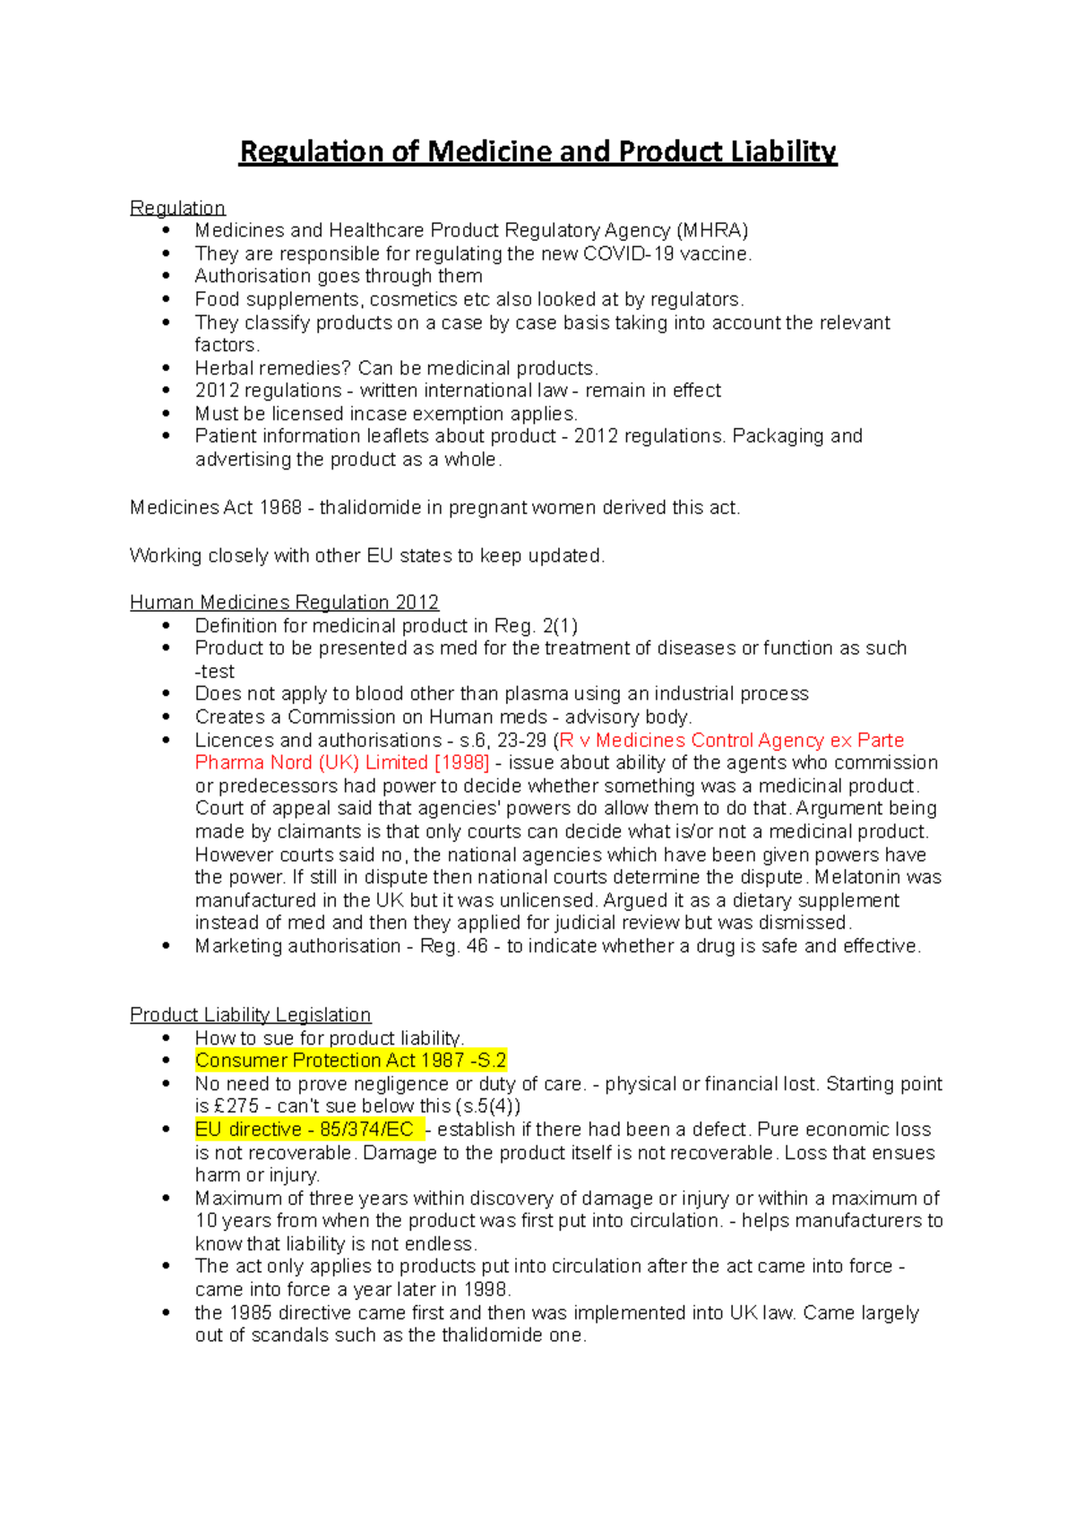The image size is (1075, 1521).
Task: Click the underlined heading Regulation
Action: [177, 208]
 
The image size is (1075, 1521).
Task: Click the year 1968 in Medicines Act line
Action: [280, 508]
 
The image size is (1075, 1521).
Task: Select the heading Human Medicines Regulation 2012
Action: [284, 602]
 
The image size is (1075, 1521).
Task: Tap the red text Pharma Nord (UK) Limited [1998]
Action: [342, 762]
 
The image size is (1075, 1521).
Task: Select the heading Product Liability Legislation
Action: [250, 1015]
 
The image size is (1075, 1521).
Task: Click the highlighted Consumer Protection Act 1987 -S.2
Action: [350, 1061]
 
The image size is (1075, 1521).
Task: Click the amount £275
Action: [236, 1106]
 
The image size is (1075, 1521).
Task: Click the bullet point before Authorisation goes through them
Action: [166, 277]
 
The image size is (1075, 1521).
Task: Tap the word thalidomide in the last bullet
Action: [490, 1336]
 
